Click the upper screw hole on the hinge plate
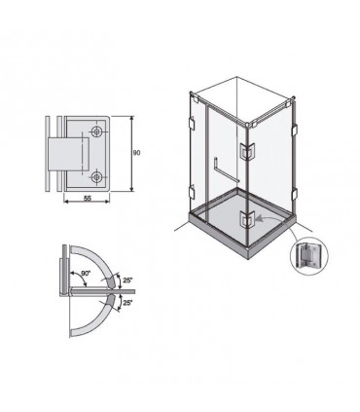pyautogui.click(x=96, y=131)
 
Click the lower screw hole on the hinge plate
pyautogui.click(x=96, y=177)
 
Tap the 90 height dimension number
pyautogui.click(x=137, y=153)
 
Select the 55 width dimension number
pyautogui.click(x=88, y=199)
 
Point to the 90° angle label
pyautogui.click(x=85, y=274)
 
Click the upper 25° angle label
pyautogui.click(x=128, y=280)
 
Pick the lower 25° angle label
pyautogui.click(x=128, y=303)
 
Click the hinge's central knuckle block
pyautogui.click(x=68, y=155)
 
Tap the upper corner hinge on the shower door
pyautogui.click(x=248, y=152)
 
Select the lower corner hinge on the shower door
pyautogui.click(x=248, y=220)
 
